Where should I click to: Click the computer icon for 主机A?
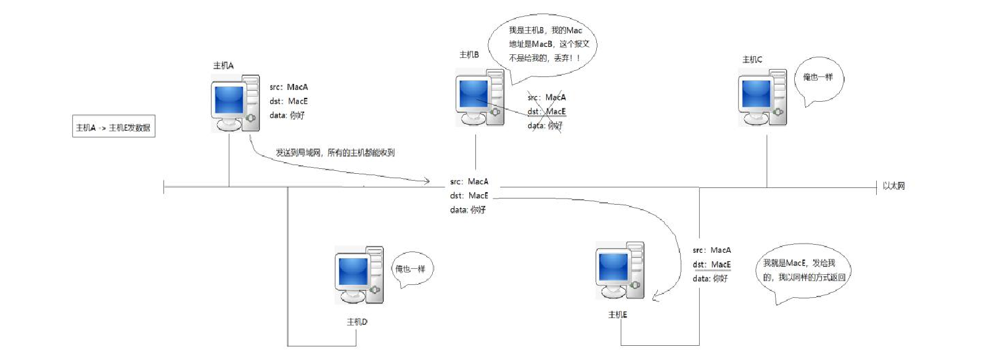coord(235,104)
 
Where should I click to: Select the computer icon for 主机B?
coord(480,97)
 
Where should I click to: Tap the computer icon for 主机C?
coord(763,98)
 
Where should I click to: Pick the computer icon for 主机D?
coord(359,275)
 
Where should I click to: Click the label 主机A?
coord(223,65)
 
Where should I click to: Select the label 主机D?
coord(357,322)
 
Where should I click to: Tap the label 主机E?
coord(617,314)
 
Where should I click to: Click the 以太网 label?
coord(893,186)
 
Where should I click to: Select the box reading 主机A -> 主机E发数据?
coord(113,128)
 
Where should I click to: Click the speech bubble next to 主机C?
coord(818,79)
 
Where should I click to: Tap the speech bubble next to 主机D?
coord(411,269)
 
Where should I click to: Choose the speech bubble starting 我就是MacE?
coord(803,271)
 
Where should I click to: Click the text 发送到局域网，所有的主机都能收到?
coord(335,152)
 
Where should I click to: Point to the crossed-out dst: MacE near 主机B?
coord(546,112)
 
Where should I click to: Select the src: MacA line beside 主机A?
coord(289,87)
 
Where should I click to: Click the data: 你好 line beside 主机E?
coord(710,279)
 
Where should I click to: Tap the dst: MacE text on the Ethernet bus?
coord(469,195)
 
